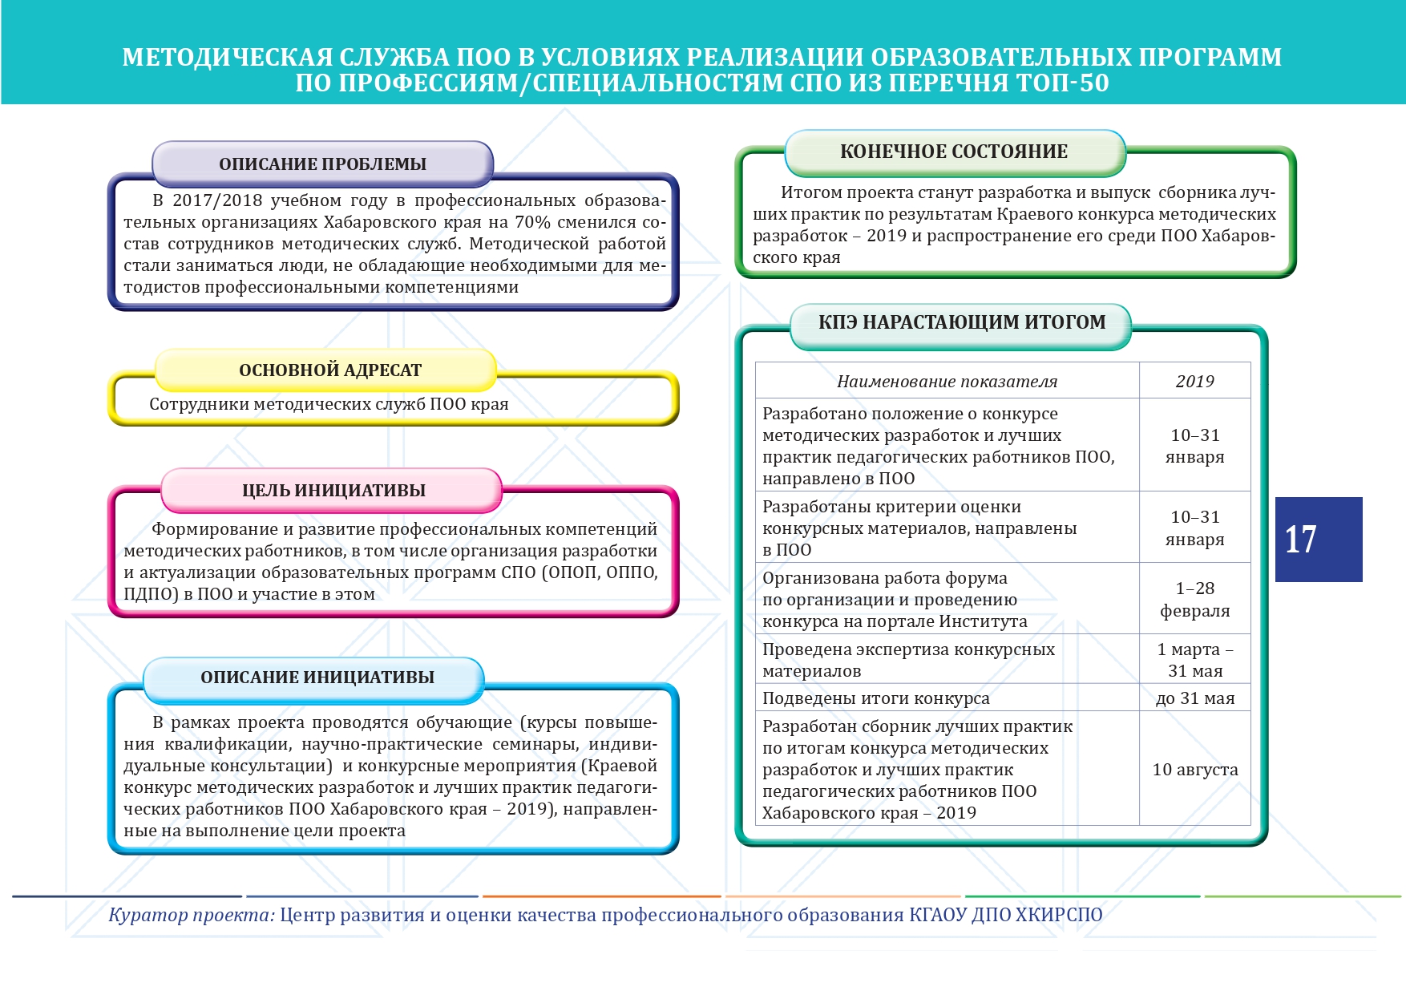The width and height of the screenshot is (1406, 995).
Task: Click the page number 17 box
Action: click(1318, 539)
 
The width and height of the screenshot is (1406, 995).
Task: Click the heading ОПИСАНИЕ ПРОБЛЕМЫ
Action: click(322, 164)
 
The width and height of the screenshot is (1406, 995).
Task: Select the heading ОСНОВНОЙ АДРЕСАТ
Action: click(329, 370)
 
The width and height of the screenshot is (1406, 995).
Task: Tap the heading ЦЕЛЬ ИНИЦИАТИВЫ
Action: click(333, 491)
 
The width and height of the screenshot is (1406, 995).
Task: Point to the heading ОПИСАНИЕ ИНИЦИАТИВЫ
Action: click(317, 677)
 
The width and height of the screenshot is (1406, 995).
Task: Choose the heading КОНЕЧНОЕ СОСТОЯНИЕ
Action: click(953, 152)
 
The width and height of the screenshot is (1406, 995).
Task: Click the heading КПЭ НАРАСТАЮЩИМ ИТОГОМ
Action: click(961, 322)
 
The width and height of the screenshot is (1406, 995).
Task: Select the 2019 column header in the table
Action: click(1194, 382)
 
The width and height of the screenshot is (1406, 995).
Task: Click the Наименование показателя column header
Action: click(947, 382)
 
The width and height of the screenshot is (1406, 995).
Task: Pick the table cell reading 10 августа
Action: click(1194, 770)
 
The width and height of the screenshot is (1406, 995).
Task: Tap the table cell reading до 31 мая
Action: click(1194, 698)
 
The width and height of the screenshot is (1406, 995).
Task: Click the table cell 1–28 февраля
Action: click(1194, 600)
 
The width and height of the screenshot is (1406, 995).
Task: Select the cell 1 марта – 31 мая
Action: click(1194, 660)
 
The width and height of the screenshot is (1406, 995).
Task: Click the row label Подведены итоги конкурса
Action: click(875, 698)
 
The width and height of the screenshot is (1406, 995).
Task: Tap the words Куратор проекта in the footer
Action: click(192, 915)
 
